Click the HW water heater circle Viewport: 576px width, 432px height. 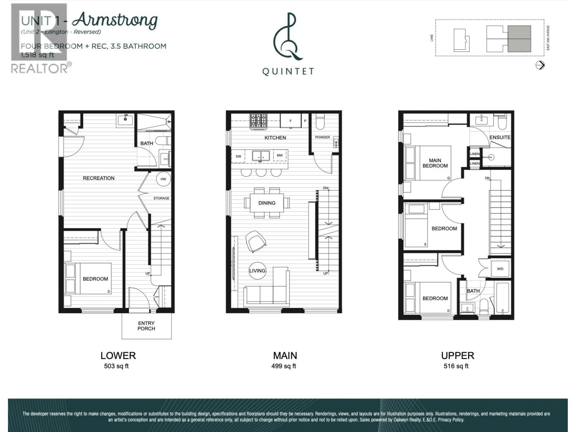(163, 179)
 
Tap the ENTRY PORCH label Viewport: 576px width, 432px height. (146, 326)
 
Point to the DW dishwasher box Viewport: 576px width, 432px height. (238, 156)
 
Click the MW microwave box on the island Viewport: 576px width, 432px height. (280, 155)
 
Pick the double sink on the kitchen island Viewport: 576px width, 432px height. (261, 156)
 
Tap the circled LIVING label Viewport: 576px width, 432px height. (257, 271)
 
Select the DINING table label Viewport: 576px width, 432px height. (267, 203)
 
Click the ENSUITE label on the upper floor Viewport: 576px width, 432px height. (500, 137)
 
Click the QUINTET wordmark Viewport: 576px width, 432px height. (288, 71)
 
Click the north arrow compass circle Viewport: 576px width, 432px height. (540, 65)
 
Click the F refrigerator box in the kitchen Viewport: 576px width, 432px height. (290, 121)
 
